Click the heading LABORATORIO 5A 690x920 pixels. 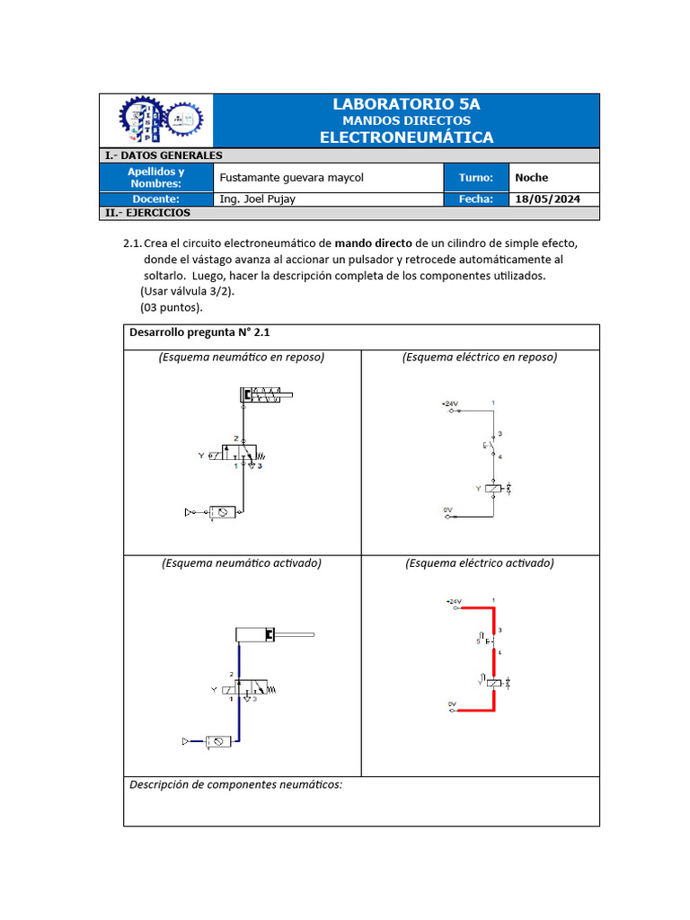pyautogui.click(x=406, y=104)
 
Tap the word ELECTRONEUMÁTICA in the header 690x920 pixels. pyautogui.click(x=406, y=137)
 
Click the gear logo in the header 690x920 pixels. pyautogui.click(x=162, y=120)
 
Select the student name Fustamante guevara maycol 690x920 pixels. pyautogui.click(x=292, y=178)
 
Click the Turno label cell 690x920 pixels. pyautogui.click(x=476, y=178)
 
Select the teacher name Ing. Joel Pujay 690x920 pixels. pyautogui.click(x=257, y=199)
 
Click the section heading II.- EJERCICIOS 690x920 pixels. pyautogui.click(x=147, y=214)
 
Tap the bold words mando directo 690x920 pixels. pyautogui.click(x=374, y=243)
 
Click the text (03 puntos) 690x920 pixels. pyautogui.click(x=171, y=307)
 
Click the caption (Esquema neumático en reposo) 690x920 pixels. pyautogui.click(x=242, y=358)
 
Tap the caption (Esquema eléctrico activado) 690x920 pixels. pyautogui.click(x=480, y=563)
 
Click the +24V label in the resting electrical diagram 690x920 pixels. pyautogui.click(x=450, y=404)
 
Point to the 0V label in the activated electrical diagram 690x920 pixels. pyautogui.click(x=452, y=703)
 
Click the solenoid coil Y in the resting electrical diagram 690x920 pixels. pyautogui.click(x=493, y=489)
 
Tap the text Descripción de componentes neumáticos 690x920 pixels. pyautogui.click(x=235, y=784)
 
